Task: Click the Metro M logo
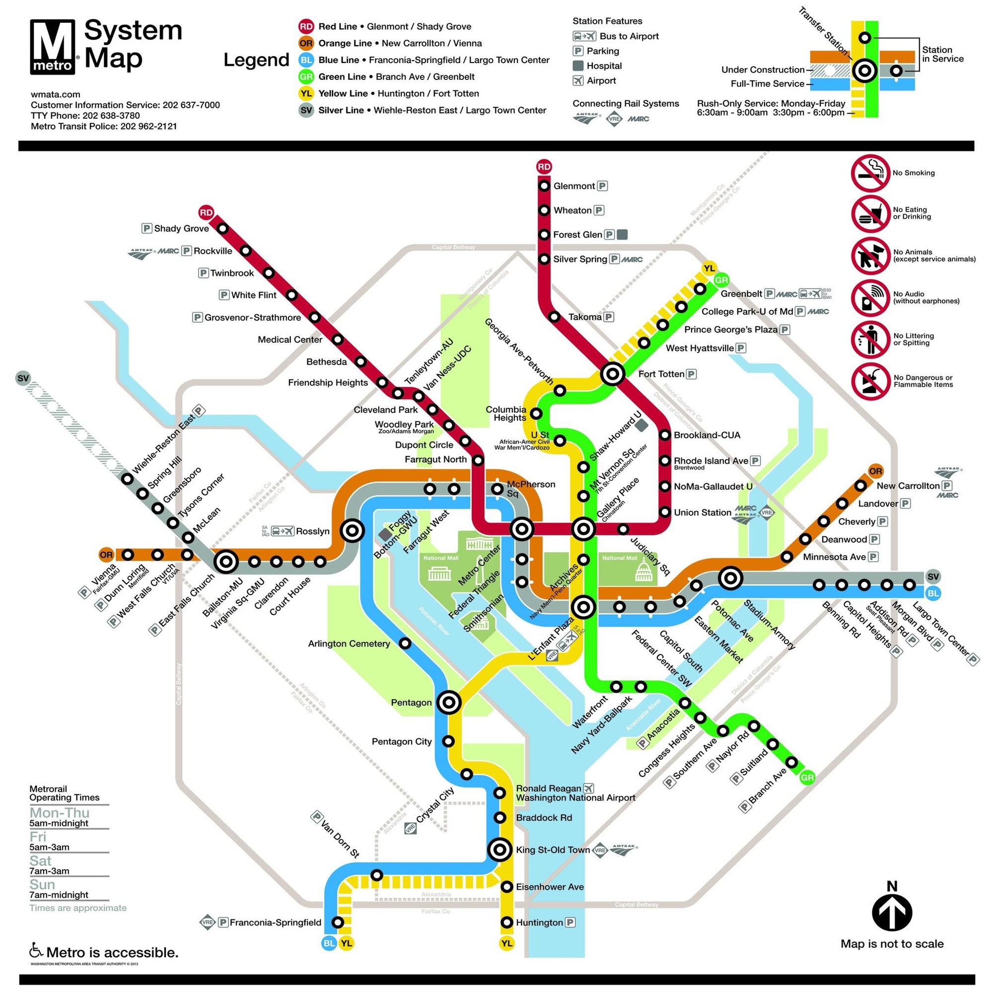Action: [x=53, y=47]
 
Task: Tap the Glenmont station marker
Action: [x=544, y=186]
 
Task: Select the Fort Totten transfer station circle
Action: [x=613, y=374]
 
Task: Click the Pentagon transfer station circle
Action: [x=449, y=702]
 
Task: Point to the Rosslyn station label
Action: [x=312, y=531]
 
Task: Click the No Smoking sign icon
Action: [x=870, y=173]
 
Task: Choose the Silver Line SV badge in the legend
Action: [x=306, y=110]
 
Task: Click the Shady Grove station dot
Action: [x=222, y=228]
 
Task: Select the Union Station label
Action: [x=702, y=512]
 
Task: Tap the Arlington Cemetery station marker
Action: [x=405, y=643]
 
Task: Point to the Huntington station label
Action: [x=539, y=922]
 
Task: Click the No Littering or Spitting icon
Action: [x=870, y=340]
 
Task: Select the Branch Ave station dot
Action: [x=791, y=762]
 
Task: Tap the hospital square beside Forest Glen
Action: [x=622, y=234]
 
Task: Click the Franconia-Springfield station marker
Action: [x=338, y=922]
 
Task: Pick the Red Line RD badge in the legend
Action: [x=306, y=26]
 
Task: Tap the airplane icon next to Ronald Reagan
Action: [x=589, y=788]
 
